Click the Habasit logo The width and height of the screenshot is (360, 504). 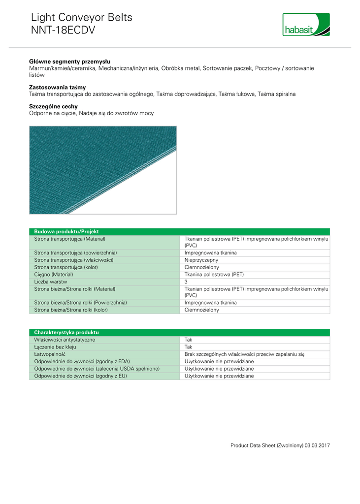(x=306, y=25)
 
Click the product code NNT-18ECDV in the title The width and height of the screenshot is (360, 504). (x=63, y=31)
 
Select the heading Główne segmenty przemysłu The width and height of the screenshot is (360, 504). (x=69, y=62)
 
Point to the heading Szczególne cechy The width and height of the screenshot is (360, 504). (x=53, y=106)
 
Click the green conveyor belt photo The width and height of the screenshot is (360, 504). (x=102, y=170)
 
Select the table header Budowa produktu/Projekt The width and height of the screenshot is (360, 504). (x=66, y=231)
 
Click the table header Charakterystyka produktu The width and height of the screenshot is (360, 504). (x=66, y=333)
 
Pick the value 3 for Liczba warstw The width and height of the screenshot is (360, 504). (x=186, y=282)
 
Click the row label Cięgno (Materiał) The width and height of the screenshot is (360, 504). (x=54, y=275)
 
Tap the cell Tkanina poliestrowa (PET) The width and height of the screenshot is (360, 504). (x=214, y=275)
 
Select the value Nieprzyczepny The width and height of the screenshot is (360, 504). (x=201, y=260)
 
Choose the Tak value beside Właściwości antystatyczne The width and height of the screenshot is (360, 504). (x=189, y=340)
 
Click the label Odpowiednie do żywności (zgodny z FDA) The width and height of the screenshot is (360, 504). (x=82, y=361)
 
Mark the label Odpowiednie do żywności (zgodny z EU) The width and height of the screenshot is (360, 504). (x=80, y=376)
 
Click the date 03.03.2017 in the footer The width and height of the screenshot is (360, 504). (x=317, y=445)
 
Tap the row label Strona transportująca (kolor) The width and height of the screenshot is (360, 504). (x=66, y=267)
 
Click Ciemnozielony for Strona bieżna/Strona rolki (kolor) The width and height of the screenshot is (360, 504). (x=202, y=310)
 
